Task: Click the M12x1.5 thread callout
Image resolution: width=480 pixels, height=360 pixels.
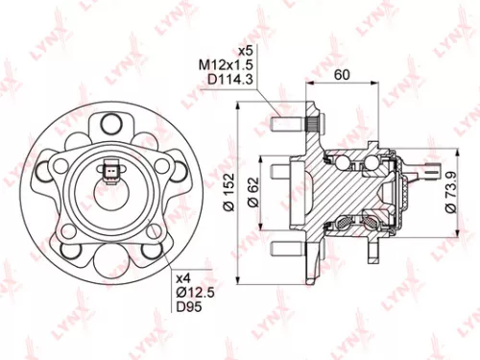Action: click(x=221, y=63)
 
